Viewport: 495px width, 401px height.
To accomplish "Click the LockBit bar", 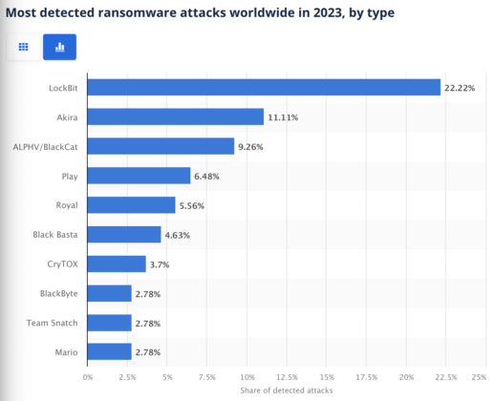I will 264,88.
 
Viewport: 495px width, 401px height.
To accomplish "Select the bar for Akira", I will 176,117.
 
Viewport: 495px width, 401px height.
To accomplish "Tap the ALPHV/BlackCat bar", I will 161,147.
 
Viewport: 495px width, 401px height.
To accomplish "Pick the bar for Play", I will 139,176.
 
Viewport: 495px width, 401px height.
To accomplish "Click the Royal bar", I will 132,205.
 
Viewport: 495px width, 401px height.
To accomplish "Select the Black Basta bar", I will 124,235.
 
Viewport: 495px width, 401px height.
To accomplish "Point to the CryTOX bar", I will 117,264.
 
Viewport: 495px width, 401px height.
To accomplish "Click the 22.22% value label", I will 461,88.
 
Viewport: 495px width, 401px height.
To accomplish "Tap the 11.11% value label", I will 284,117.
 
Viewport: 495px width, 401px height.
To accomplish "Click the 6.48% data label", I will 210,177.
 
